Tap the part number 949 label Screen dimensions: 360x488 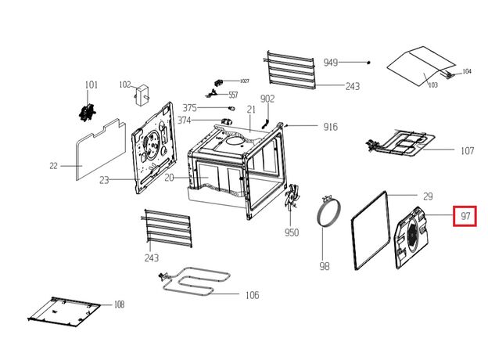click(331, 63)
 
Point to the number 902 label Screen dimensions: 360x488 click(267, 99)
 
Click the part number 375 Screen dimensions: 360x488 click(190, 108)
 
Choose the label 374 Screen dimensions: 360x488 click(185, 121)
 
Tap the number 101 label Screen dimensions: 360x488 click(91, 85)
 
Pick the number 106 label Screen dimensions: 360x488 click(252, 295)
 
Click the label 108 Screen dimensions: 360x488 click(119, 304)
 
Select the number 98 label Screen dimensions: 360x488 click(325, 266)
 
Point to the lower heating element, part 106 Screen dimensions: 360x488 click(196, 283)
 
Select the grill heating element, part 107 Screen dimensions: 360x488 click(399, 144)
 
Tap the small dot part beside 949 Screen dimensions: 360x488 click(368, 61)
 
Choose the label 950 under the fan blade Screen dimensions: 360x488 click(292, 232)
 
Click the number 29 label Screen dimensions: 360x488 click(427, 196)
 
